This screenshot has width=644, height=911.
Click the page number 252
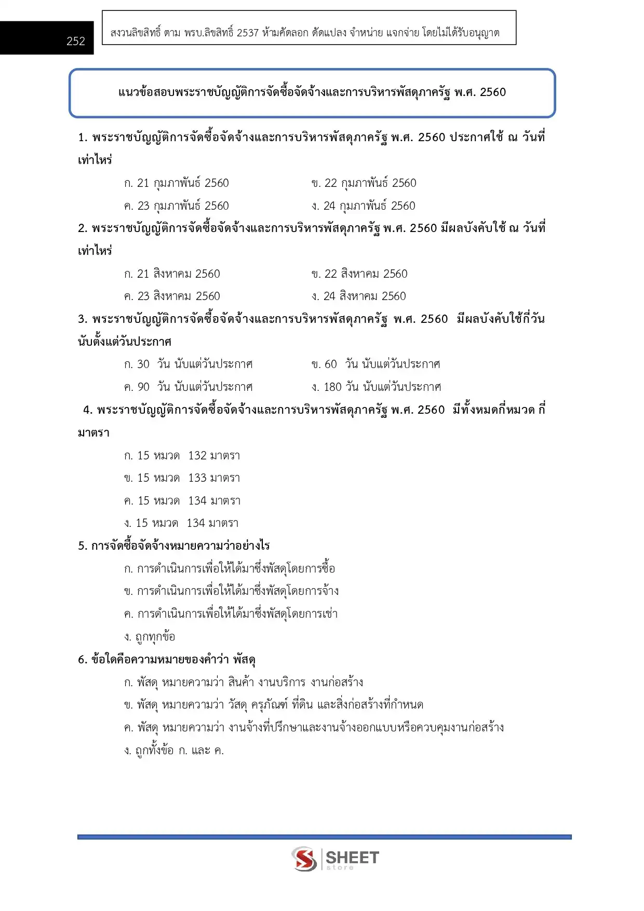coord(76,41)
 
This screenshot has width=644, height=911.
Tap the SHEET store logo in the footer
coord(335,859)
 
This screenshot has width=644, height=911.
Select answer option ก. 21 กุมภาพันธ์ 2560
coord(177,183)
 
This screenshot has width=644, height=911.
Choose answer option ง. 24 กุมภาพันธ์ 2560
coord(364,206)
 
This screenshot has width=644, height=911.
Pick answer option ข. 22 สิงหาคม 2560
coord(359,274)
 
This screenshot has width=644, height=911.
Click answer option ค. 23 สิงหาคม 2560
coord(172,296)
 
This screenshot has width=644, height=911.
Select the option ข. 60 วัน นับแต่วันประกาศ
coord(376,364)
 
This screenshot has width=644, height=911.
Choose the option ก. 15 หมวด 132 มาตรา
coord(182,456)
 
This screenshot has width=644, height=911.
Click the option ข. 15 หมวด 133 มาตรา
coord(182,478)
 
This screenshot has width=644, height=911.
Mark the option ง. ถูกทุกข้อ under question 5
coord(150,637)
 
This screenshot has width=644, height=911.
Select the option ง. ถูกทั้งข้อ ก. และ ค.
coord(174,751)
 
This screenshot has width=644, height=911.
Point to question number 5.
coord(82,546)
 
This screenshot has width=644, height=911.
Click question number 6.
coord(82,660)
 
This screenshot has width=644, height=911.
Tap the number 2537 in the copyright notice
coord(247,33)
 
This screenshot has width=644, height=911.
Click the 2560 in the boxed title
coord(493,92)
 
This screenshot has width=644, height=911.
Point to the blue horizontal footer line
coord(324,837)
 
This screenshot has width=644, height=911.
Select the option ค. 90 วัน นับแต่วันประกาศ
coord(189,387)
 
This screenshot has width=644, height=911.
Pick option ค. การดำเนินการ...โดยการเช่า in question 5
coord(231,614)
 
